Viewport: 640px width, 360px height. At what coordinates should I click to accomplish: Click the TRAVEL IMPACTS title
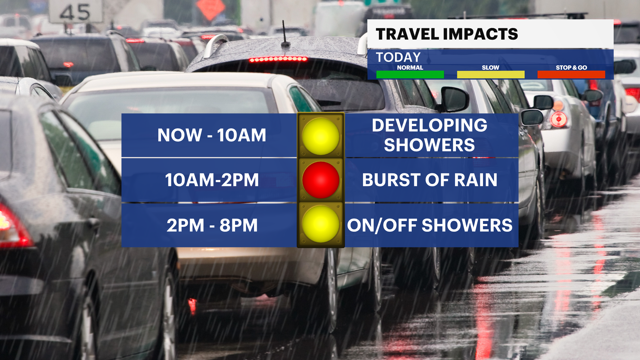coord(447,34)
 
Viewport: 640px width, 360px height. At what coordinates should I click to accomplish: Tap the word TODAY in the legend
coord(398,57)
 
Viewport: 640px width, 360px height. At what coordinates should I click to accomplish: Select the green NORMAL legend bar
coord(410,74)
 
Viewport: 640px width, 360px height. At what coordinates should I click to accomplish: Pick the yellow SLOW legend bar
coord(491,74)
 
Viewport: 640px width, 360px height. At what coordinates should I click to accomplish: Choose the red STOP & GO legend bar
coord(571,74)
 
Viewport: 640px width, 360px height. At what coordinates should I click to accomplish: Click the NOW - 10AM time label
coord(212,135)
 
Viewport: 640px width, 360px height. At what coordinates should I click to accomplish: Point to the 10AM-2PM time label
coord(212,180)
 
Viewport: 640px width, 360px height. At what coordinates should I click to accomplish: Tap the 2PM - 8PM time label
coord(212,225)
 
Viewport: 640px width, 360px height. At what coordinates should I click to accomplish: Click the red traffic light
coord(321,180)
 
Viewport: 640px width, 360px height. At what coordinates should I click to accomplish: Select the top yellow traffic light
coord(321,136)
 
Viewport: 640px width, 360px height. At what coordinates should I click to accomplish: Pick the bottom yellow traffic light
coord(321,224)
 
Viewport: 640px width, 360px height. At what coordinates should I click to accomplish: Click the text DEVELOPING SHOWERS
coord(430,135)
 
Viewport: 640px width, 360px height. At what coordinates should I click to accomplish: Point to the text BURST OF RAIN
coord(430,180)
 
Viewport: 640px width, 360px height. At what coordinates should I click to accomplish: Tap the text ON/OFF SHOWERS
coord(430,225)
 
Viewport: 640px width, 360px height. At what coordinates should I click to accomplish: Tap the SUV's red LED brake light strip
coord(278,59)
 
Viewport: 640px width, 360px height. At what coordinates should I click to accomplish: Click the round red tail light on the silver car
coord(559,119)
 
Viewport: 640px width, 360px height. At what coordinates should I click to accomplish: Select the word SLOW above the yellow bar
coord(491,67)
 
